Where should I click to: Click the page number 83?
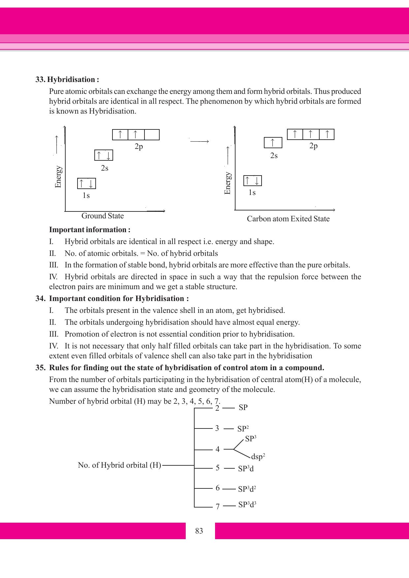pos(199,531)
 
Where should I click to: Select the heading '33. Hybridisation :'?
pos(67,80)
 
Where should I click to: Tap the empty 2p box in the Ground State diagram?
pos(152,135)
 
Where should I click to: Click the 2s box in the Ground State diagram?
pos(104,155)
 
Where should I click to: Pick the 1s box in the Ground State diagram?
pos(86,183)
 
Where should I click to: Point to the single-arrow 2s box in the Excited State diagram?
pos(273,143)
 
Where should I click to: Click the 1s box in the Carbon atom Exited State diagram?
pos(252,181)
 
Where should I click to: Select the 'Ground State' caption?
pos(103,216)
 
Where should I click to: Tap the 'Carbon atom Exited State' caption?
pos(288,219)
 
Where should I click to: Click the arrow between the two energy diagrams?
pos(200,142)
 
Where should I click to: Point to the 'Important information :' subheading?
pos(90,230)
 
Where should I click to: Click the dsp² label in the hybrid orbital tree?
pos(258,457)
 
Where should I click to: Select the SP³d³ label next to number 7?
pos(247,505)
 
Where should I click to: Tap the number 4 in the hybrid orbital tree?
pos(217,449)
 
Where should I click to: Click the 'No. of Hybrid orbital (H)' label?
pos(119,465)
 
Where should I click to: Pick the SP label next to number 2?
pos(243,408)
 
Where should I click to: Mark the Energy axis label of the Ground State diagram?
pos(58,177)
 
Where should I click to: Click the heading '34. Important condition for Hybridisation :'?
pos(112,299)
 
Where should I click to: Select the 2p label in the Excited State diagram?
pos(313,146)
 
